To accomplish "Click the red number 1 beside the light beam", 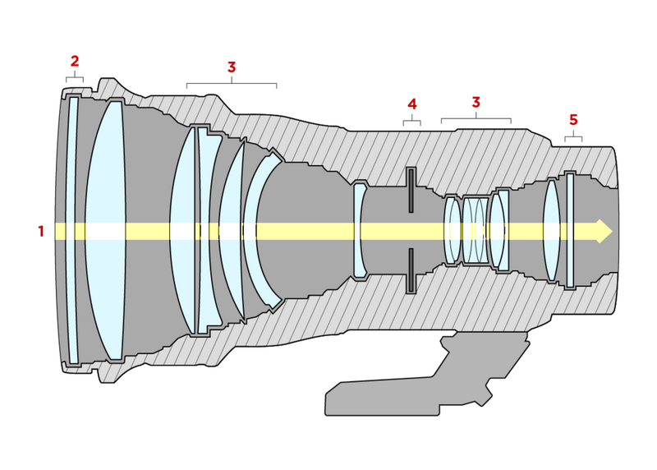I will click(x=41, y=231).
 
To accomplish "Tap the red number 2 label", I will click(x=75, y=61).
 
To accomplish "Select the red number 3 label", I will click(x=232, y=67).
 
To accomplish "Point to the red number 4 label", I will click(x=412, y=104).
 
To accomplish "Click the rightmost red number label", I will click(x=573, y=120).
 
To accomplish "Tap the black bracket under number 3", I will click(x=232, y=84).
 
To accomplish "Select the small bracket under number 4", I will click(x=412, y=122).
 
